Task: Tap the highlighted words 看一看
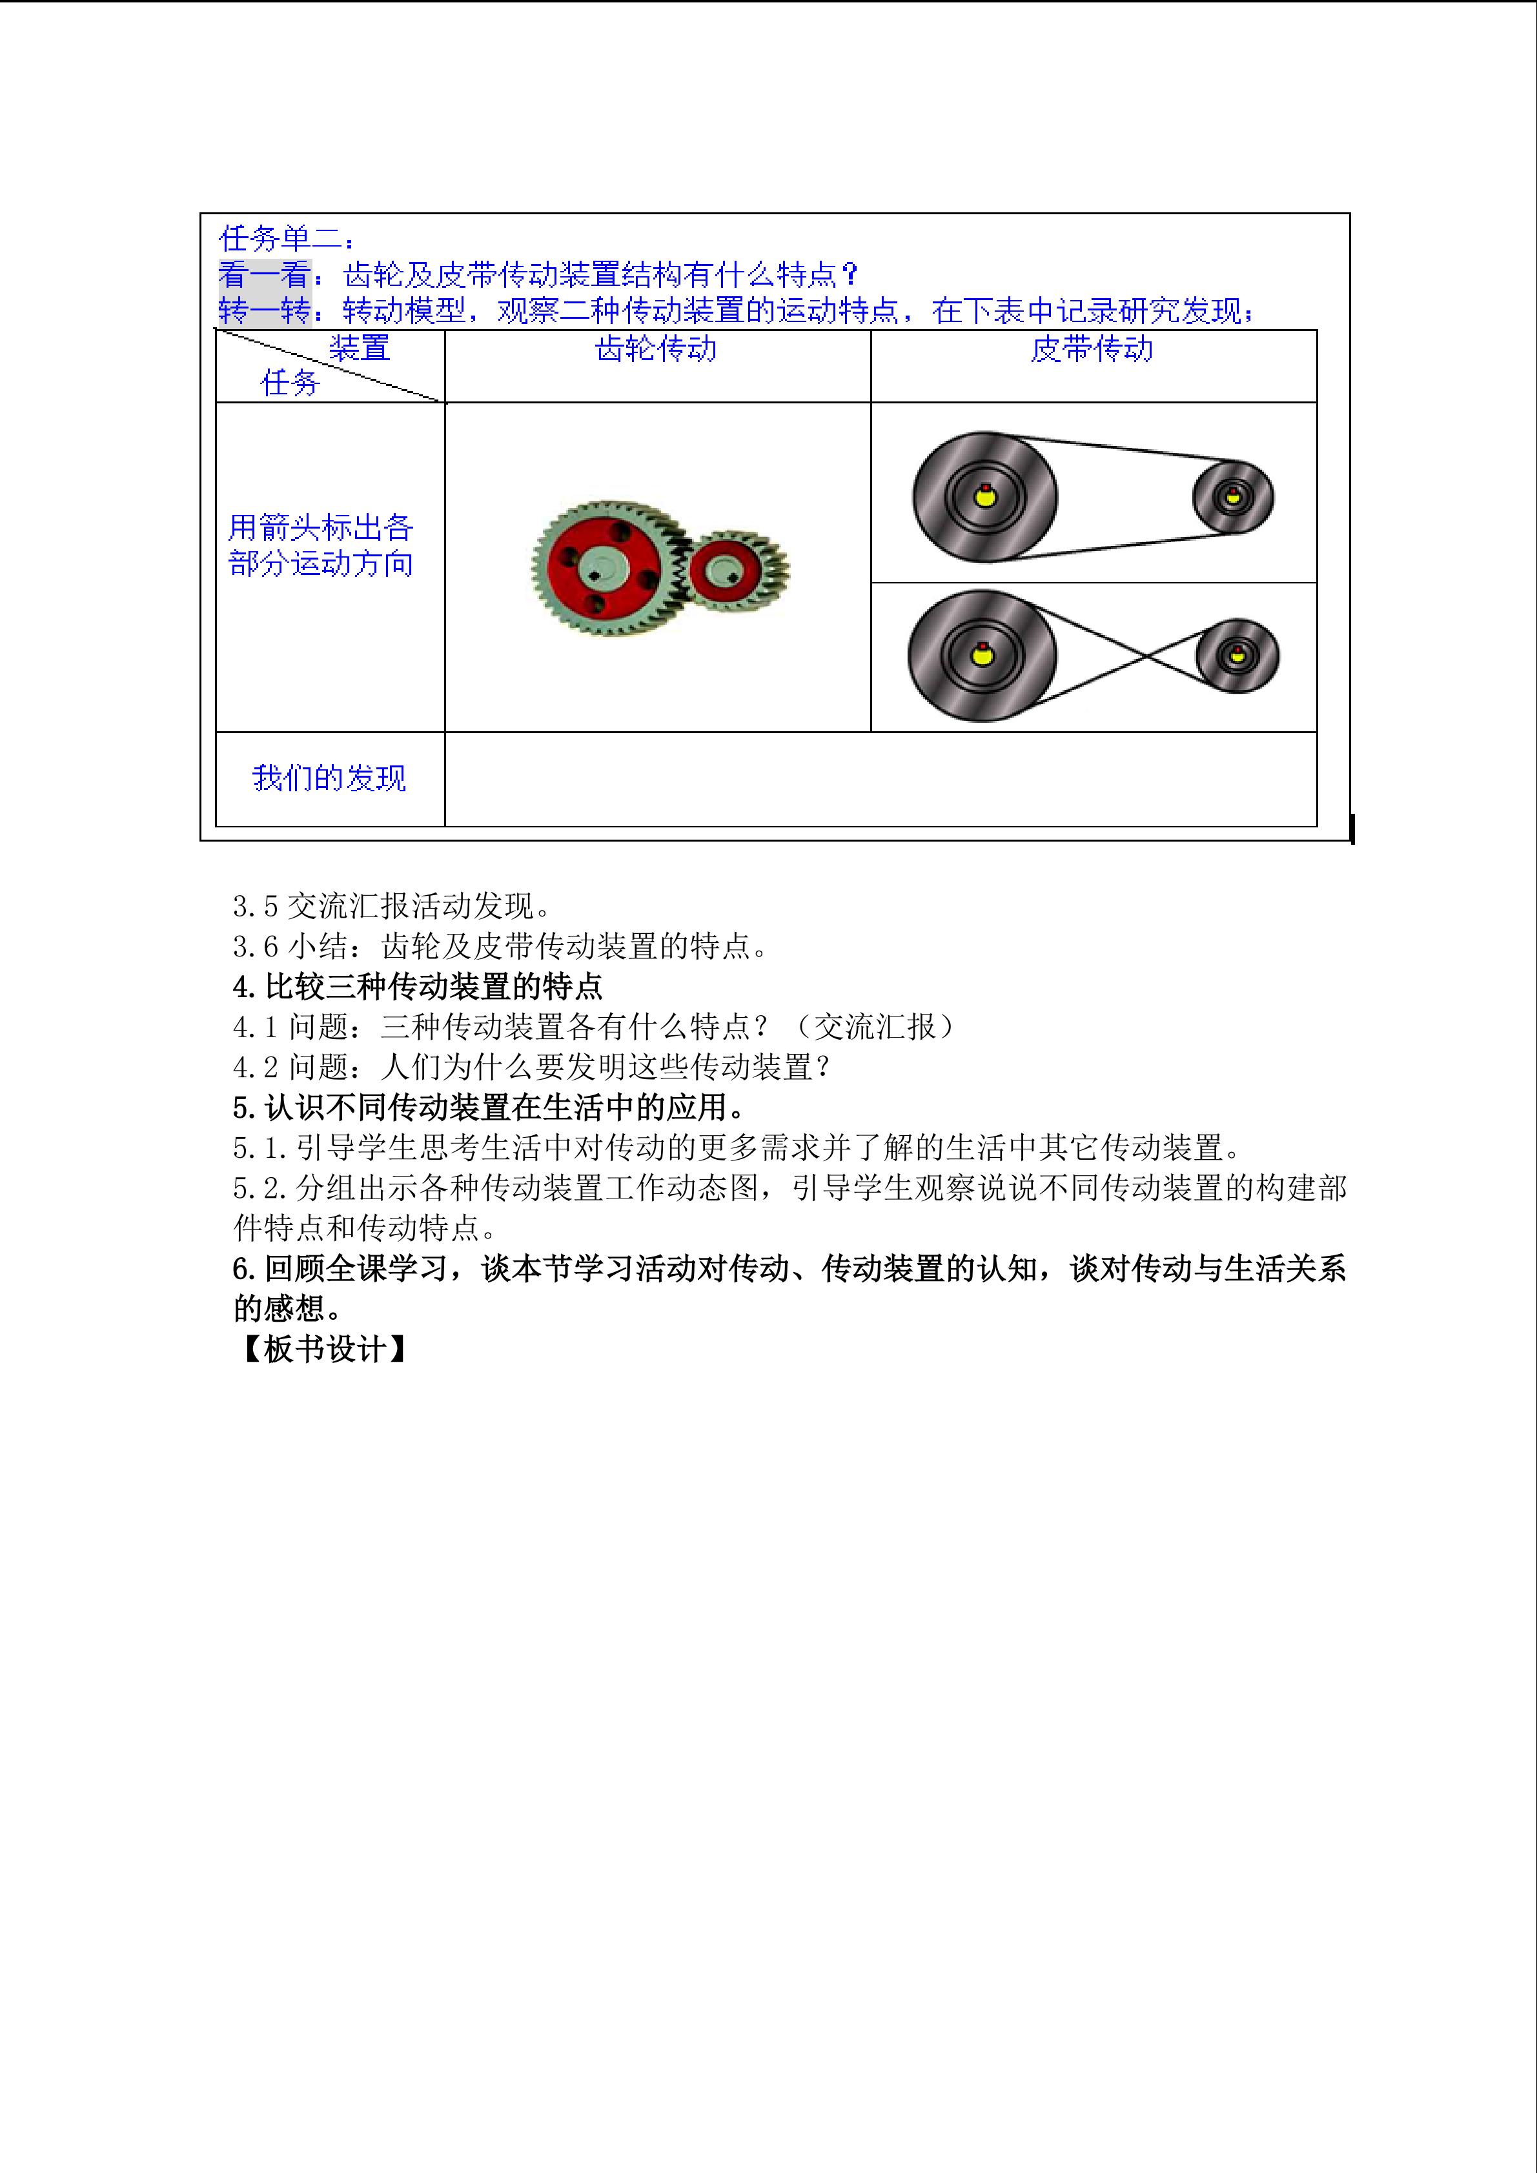265,274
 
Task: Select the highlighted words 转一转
265,310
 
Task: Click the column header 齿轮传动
656,349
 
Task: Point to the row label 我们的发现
329,778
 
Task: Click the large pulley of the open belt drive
985,497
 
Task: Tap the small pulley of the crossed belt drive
1237,656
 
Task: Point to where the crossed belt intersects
1146,655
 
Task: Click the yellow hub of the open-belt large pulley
985,495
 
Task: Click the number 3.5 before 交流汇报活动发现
256,907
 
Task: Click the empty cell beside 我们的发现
881,779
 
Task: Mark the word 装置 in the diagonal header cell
360,349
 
